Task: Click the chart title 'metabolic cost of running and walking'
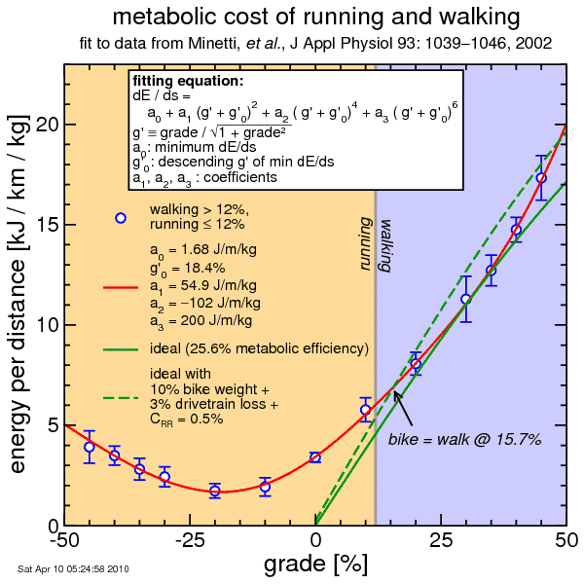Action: [x=315, y=18]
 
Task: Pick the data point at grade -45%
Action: [x=90, y=447]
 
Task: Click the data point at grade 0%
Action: [x=315, y=456]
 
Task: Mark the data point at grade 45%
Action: [x=541, y=178]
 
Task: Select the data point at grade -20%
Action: [x=215, y=491]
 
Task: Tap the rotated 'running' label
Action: [x=366, y=244]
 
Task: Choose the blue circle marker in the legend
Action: [x=121, y=218]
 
